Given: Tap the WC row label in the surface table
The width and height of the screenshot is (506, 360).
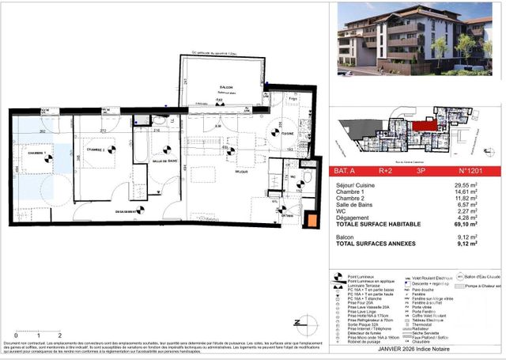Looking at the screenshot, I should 342,210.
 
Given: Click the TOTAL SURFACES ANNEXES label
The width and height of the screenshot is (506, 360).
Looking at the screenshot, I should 376,244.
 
